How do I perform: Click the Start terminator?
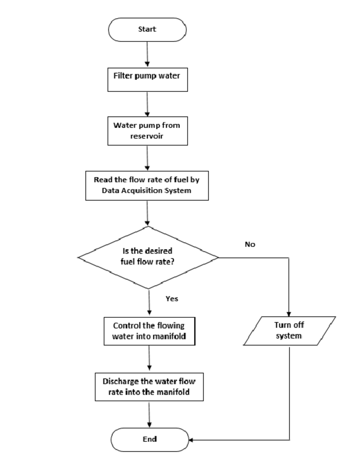(147, 30)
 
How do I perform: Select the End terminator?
(150, 439)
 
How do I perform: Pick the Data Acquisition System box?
(147, 185)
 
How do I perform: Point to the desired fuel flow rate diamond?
(148, 257)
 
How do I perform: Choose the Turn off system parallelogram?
(290, 331)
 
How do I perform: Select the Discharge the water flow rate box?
(149, 386)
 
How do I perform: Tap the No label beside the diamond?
(250, 245)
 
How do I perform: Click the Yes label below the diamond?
(172, 299)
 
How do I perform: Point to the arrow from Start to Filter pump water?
(147, 53)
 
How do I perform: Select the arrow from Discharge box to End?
(150, 414)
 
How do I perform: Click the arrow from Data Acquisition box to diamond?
(147, 213)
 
